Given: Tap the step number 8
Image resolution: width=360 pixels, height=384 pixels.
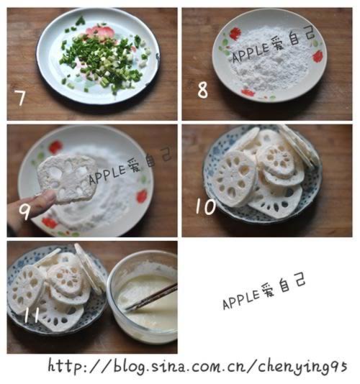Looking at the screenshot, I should [202, 90].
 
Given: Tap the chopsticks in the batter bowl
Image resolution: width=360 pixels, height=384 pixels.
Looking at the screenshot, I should [151, 298].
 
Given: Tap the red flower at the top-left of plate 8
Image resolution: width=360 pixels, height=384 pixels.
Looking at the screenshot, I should [234, 33].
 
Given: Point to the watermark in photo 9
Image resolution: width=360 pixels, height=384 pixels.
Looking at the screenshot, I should [130, 166].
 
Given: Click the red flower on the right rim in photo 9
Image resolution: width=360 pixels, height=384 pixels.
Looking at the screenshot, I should [142, 195].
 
